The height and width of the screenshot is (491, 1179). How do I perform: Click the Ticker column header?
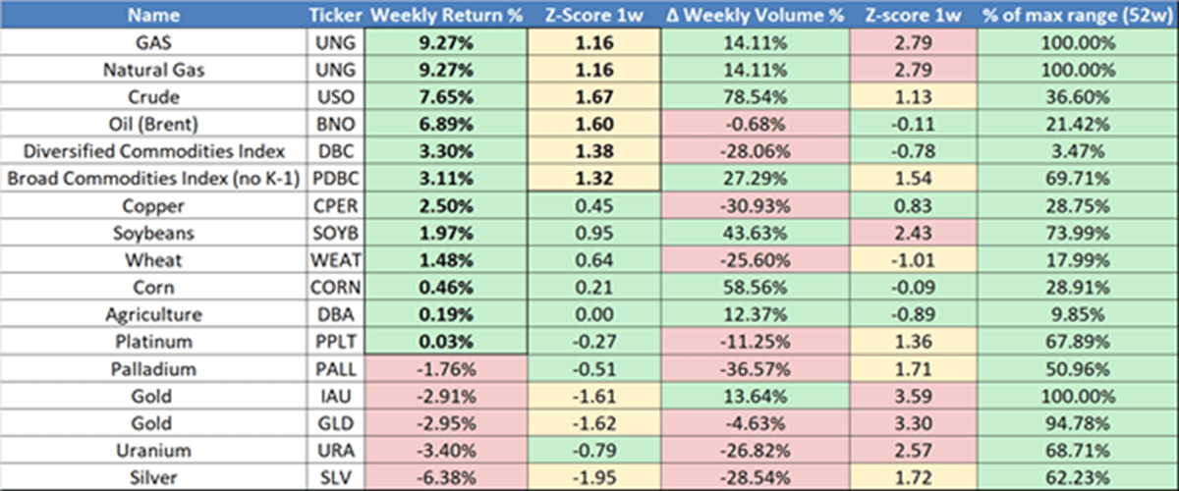click(x=335, y=15)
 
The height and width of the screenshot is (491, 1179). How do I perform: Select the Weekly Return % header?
click(x=446, y=15)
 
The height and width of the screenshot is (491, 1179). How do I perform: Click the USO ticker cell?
click(x=335, y=97)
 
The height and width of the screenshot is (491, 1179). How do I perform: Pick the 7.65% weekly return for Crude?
click(x=446, y=97)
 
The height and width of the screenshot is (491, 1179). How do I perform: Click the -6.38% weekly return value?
click(x=446, y=479)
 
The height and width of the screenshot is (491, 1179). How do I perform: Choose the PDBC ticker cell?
click(x=335, y=179)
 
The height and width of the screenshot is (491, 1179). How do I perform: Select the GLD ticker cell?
click(x=335, y=424)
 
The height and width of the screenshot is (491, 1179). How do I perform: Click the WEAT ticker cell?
click(x=335, y=261)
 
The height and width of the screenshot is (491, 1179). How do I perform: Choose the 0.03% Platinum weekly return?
click(x=446, y=343)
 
